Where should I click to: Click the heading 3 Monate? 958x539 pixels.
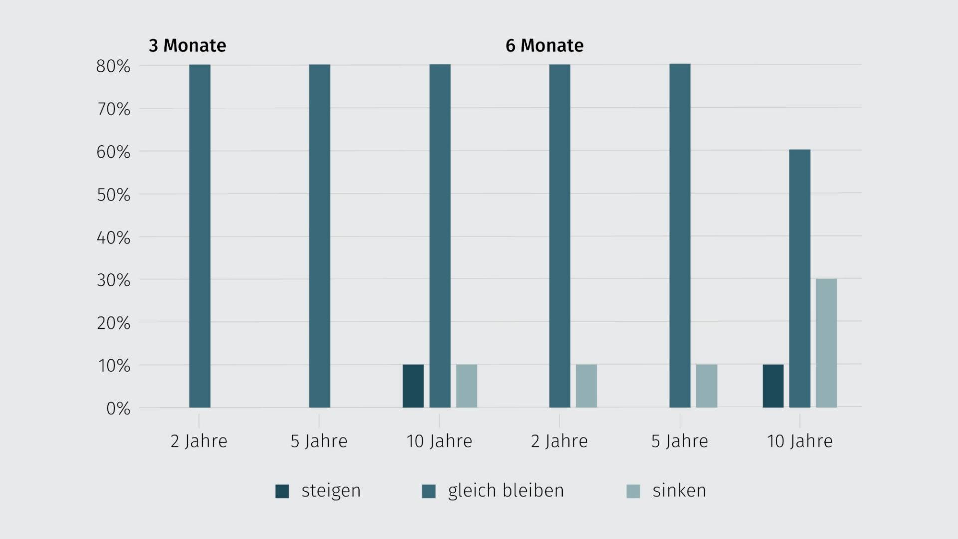tap(187, 46)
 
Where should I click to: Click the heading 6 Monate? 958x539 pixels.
tap(544, 46)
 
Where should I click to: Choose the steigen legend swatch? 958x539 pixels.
tap(282, 491)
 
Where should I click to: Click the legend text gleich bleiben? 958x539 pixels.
tap(505, 491)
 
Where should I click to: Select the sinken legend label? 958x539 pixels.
tap(679, 491)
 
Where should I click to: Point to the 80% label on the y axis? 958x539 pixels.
tap(113, 66)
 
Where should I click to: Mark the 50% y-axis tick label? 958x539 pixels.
tap(113, 195)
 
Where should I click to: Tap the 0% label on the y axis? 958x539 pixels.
tap(118, 409)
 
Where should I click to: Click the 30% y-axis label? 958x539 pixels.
tap(113, 280)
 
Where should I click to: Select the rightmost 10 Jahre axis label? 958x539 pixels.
tap(799, 441)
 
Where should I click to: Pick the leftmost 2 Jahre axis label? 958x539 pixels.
tap(199, 441)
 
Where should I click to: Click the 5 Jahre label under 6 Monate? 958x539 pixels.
tap(679, 441)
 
